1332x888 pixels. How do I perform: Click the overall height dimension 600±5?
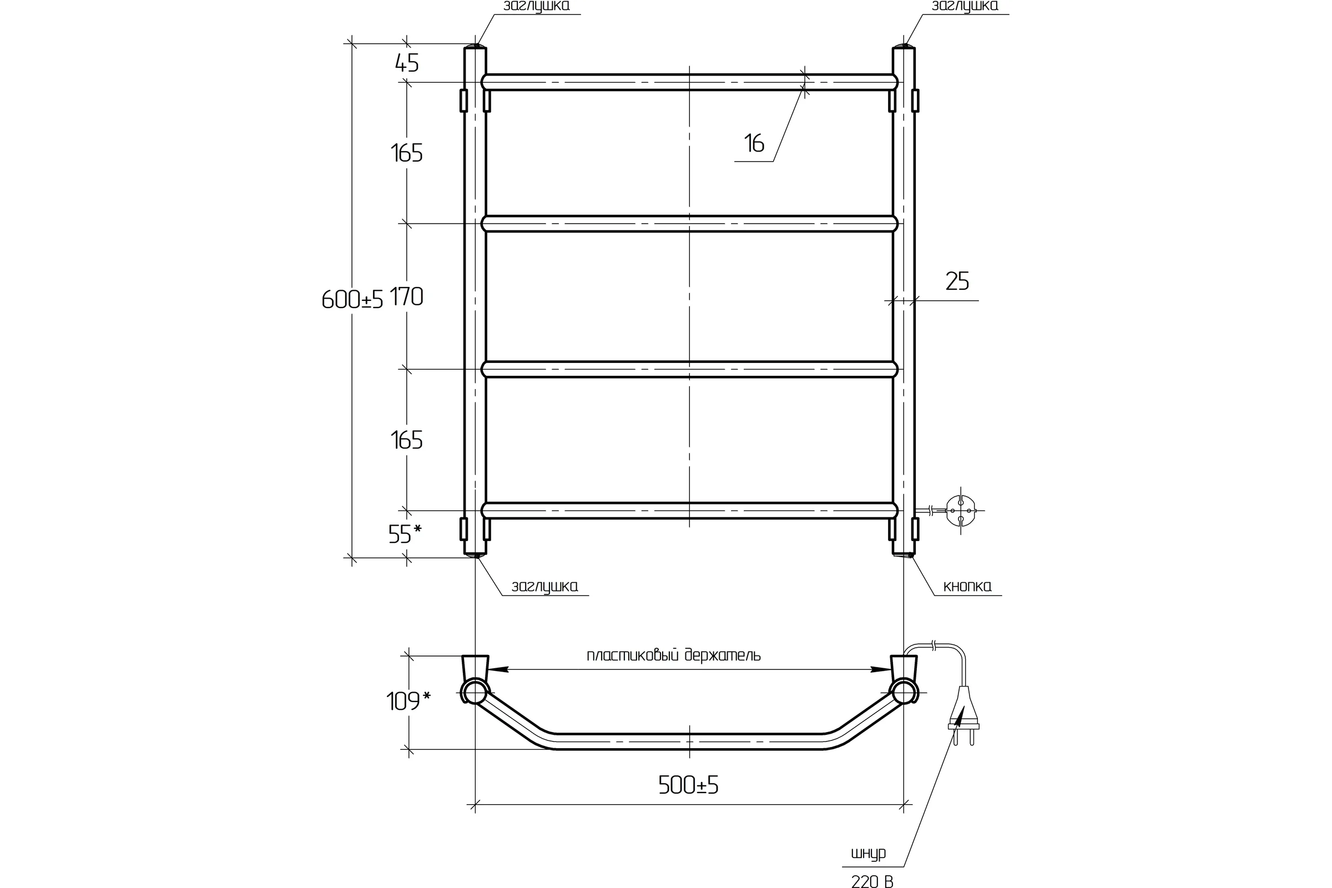pyautogui.click(x=352, y=299)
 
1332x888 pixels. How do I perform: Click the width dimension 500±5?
pyautogui.click(x=688, y=785)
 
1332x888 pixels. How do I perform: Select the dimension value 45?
pyautogui.click(x=407, y=63)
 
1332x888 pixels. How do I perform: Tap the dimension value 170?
pyautogui.click(x=407, y=296)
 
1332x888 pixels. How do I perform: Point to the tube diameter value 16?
pyautogui.click(x=754, y=143)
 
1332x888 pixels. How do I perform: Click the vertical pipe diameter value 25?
pyautogui.click(x=957, y=281)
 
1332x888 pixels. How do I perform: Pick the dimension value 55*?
pyautogui.click(x=405, y=533)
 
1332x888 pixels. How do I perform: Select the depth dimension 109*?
pyautogui.click(x=408, y=701)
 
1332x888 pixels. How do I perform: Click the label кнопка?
pyautogui.click(x=967, y=586)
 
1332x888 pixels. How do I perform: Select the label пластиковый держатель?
pyautogui.click(x=673, y=655)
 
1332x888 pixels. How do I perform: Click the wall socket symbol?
pyautogui.click(x=961, y=510)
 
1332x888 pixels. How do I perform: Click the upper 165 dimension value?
pyautogui.click(x=407, y=153)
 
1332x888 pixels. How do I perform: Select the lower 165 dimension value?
pyautogui.click(x=407, y=440)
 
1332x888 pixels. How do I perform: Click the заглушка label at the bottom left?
pyautogui.click(x=545, y=586)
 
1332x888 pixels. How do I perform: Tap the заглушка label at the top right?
pyautogui.click(x=965, y=6)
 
